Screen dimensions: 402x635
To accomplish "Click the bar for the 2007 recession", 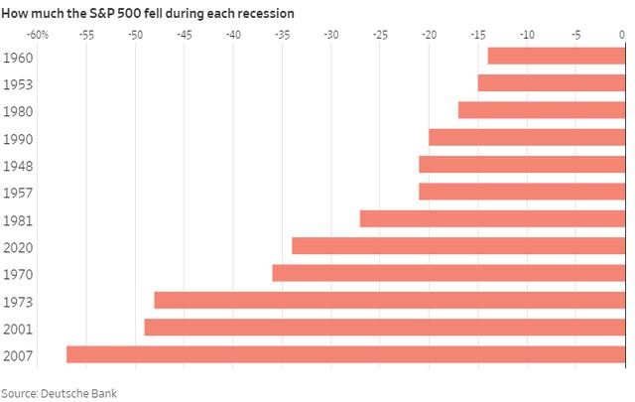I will [345, 354].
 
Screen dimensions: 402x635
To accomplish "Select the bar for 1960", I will [556, 56].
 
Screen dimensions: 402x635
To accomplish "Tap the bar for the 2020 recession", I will [458, 245].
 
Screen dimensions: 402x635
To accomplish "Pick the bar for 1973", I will [389, 300].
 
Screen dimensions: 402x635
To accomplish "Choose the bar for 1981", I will [492, 218].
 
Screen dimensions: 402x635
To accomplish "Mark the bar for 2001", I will [384, 327].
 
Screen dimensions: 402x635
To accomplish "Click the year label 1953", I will [19, 83].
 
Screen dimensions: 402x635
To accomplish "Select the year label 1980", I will [19, 110].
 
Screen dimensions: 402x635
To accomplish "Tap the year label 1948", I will [19, 165].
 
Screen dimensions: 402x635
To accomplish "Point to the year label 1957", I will [19, 192].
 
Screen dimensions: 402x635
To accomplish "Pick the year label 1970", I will [19, 273].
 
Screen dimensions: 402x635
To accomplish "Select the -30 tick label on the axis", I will [330, 34].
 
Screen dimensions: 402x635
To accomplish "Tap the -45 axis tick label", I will [184, 34].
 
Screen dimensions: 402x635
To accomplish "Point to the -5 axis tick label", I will [574, 34].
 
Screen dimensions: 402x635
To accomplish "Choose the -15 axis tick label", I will [477, 34].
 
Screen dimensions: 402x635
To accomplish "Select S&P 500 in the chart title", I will [100, 13].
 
